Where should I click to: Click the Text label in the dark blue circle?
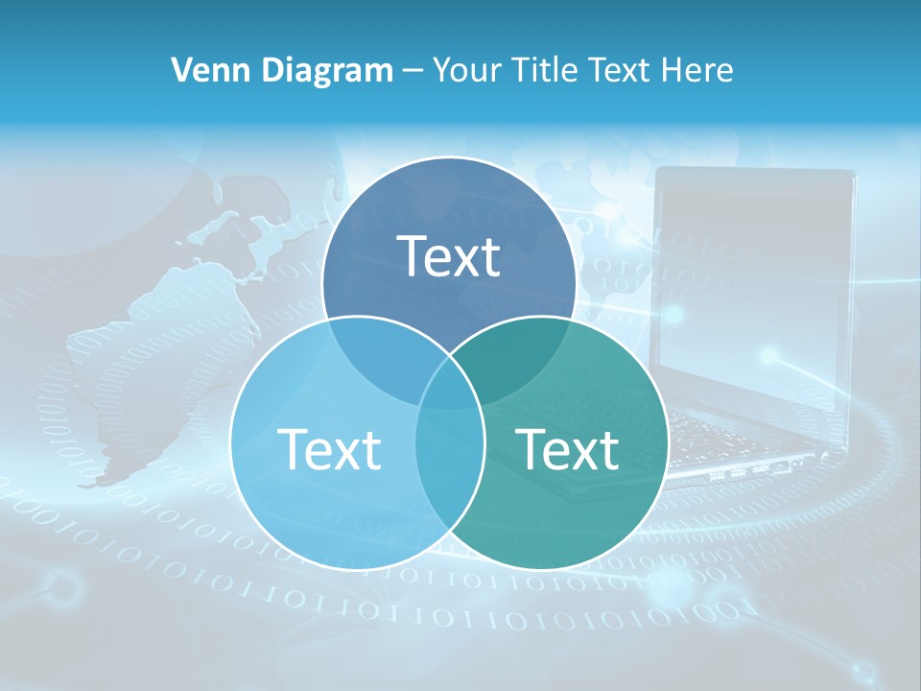[x=449, y=256]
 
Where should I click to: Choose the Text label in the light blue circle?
[x=329, y=449]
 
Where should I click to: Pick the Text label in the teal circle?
[x=568, y=449]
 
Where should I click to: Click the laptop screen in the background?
[x=753, y=288]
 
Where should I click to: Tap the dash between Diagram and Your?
[x=413, y=70]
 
